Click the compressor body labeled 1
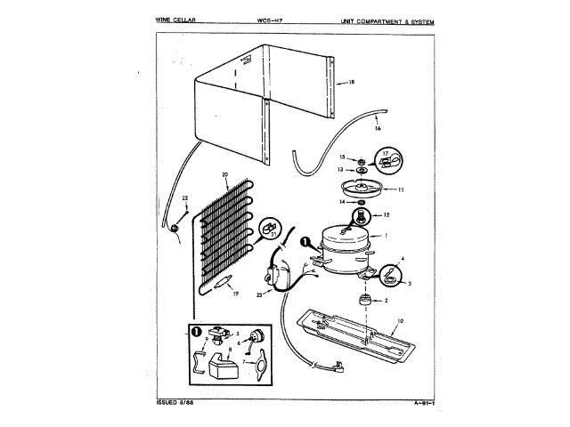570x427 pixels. click(x=344, y=241)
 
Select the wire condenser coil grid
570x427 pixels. click(x=227, y=231)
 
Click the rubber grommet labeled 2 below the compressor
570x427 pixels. click(x=363, y=300)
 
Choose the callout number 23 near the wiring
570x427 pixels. click(x=259, y=294)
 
